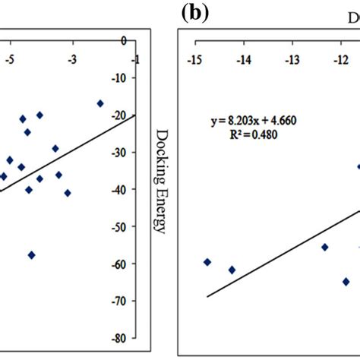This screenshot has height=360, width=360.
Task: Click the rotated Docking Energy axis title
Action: pyautogui.click(x=161, y=181)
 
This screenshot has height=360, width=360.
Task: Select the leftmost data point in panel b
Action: pyautogui.click(x=207, y=262)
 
